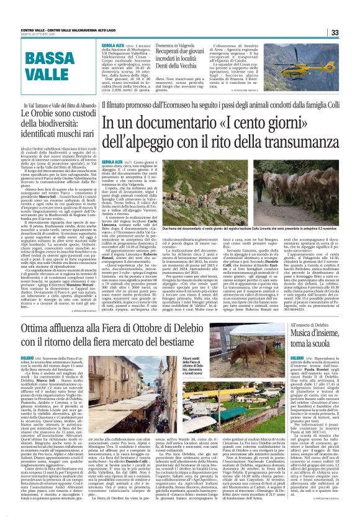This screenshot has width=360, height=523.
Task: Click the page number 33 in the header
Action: click(x=350, y=32)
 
